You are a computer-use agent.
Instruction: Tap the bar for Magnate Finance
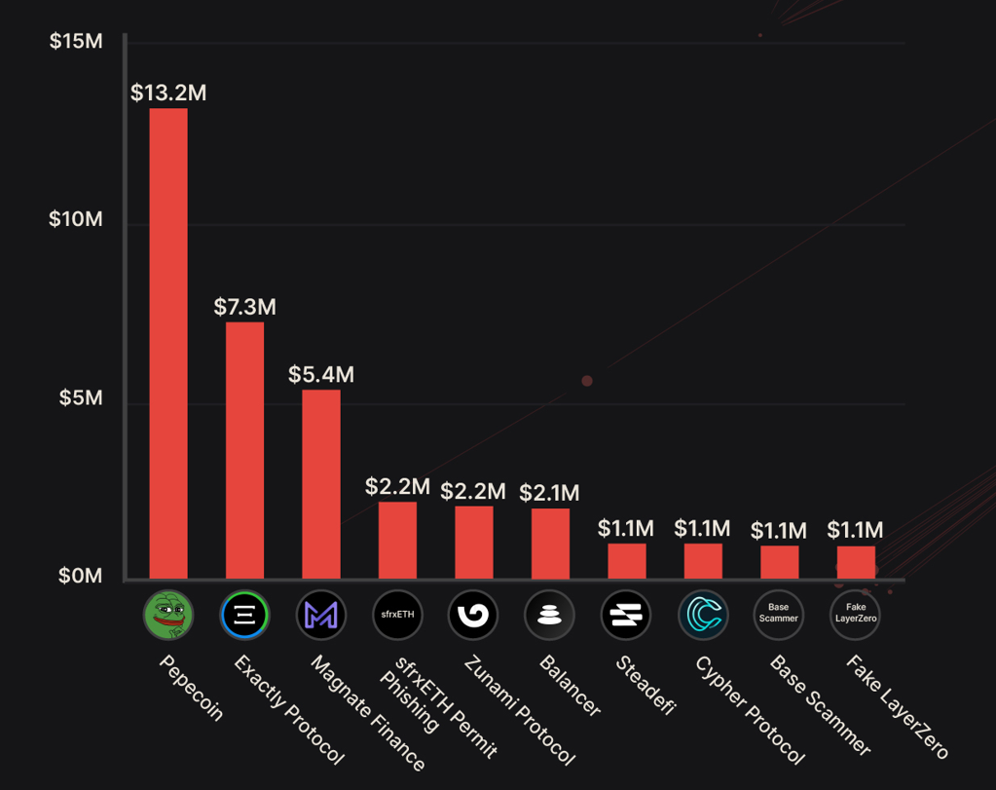point(320,484)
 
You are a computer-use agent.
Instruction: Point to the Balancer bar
point(550,544)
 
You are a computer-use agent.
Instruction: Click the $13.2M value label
point(168,94)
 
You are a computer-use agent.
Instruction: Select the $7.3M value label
point(244,307)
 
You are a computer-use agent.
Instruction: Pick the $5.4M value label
point(320,374)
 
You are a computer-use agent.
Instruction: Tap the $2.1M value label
point(549,493)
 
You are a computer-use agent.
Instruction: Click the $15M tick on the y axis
point(75,42)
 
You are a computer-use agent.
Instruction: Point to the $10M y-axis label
point(75,219)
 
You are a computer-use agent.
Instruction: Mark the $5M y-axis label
point(82,398)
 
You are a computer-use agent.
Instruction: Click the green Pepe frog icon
point(168,614)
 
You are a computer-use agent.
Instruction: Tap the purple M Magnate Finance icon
point(320,614)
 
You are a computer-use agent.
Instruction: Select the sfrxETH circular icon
point(397,614)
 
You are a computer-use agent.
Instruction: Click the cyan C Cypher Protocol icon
point(703,614)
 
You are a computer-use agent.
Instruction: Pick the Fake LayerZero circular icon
point(856,614)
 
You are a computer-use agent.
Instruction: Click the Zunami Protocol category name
point(519,709)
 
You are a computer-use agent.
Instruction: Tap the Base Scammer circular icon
point(779,614)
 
